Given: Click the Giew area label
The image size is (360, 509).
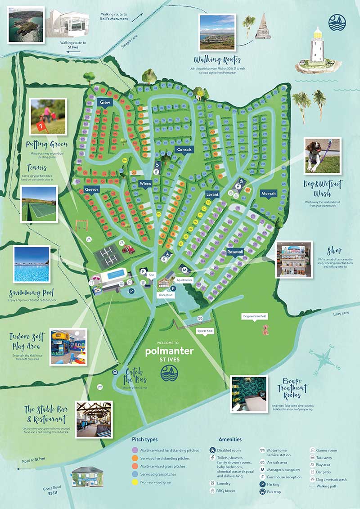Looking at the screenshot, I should point(105,103).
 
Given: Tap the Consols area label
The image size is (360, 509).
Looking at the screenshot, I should point(184,149).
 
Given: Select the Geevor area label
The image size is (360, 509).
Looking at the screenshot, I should point(91,190).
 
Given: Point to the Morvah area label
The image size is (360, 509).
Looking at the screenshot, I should point(268,193).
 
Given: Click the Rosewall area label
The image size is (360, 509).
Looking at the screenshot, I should point(235,252).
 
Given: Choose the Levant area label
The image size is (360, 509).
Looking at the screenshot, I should point(212,194).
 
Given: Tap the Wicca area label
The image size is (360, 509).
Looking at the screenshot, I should point(145,184).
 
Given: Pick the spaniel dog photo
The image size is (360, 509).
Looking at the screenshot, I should point(322,156).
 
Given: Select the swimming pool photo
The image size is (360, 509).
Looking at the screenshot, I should point(31,264).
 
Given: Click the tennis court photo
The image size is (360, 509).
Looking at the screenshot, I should point(39,204).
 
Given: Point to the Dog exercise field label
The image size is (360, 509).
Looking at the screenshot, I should point(256,316).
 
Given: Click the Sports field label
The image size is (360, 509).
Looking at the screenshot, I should point(205,331).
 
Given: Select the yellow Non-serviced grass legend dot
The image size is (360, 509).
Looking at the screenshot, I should point(135,482).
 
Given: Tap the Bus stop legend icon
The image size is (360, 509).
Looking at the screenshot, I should point(212,492).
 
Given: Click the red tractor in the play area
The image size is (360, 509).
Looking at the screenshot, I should point(129,249).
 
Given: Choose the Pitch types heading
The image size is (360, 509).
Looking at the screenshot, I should point(145,439).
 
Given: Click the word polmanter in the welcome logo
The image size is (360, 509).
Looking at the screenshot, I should point(170,351).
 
